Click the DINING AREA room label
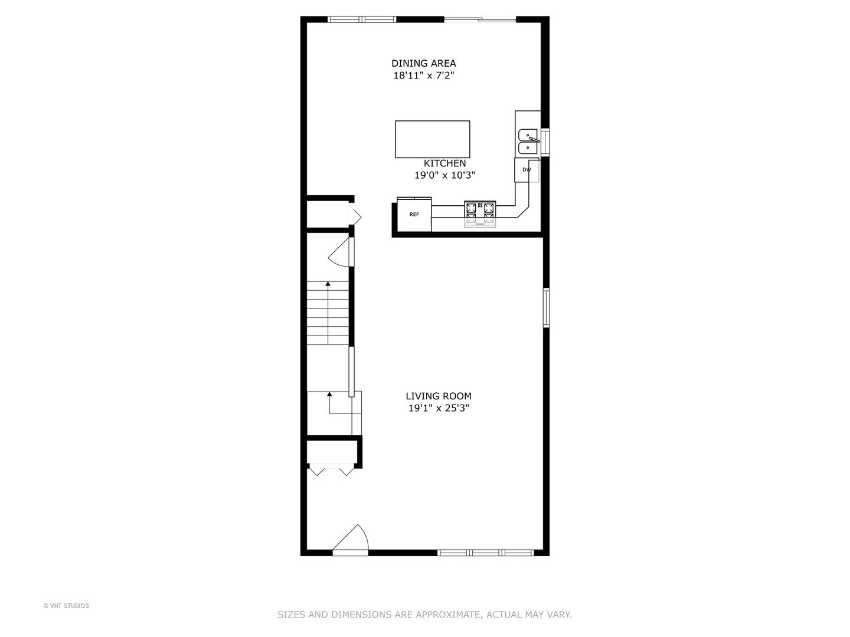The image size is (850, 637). point(423,63)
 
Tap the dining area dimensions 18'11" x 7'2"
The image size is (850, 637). point(423,75)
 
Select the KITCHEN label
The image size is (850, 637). point(444,163)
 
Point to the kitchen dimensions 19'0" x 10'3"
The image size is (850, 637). point(444,175)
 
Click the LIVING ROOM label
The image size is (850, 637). point(438,396)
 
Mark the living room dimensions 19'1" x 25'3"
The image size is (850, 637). point(438,408)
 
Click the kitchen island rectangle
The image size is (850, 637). point(432,139)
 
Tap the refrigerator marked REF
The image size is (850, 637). point(414,215)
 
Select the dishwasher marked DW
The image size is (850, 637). point(527,170)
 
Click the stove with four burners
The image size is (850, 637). point(479,214)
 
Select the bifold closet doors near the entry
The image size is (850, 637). point(331,469)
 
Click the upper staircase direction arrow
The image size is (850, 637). point(328,284)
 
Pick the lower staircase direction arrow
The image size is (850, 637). point(329,394)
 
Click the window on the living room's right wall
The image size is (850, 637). point(546,307)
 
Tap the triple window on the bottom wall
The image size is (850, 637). point(485,553)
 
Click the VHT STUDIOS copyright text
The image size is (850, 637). point(66,606)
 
